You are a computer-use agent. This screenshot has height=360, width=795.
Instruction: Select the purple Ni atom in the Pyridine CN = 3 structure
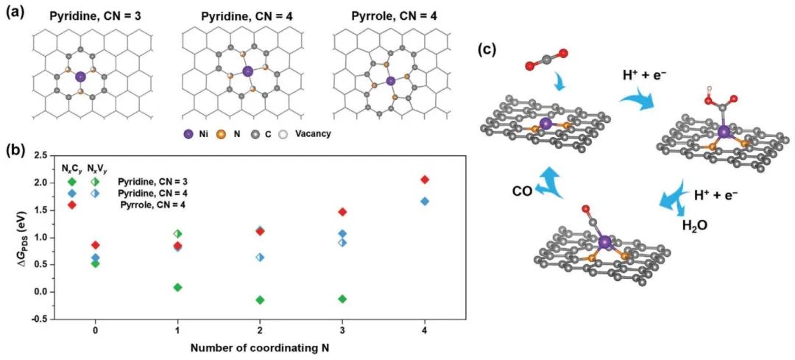tap(80, 75)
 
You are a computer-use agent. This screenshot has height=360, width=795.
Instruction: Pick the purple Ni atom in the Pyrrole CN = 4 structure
tap(390, 80)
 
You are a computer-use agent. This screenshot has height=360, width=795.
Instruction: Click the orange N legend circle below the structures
tap(243, 135)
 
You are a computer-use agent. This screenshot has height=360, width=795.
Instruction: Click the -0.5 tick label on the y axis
tap(42, 319)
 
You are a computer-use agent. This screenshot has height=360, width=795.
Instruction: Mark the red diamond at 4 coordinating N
tap(424, 180)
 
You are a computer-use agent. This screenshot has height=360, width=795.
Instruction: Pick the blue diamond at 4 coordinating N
tap(424, 201)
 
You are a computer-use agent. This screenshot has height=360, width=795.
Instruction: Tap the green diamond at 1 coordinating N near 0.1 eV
tap(177, 287)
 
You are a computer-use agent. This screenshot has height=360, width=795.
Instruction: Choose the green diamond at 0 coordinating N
tap(96, 264)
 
